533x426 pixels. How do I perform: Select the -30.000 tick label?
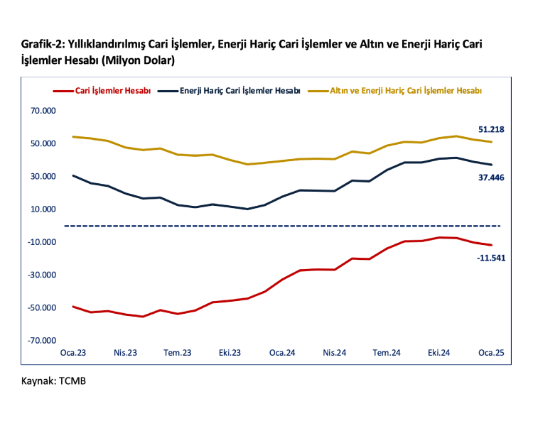42,275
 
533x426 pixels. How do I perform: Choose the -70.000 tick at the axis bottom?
42,341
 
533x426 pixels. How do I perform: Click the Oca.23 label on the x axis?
74,353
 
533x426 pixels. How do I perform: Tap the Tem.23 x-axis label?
178,353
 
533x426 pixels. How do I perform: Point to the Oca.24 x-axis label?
282,353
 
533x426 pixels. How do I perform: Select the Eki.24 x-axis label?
438,353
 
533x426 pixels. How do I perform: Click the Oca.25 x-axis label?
490,353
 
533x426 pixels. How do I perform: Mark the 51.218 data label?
491,129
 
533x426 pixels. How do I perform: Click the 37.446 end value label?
491,177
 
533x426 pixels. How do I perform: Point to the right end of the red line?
491,245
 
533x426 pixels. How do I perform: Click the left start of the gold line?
74,137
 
